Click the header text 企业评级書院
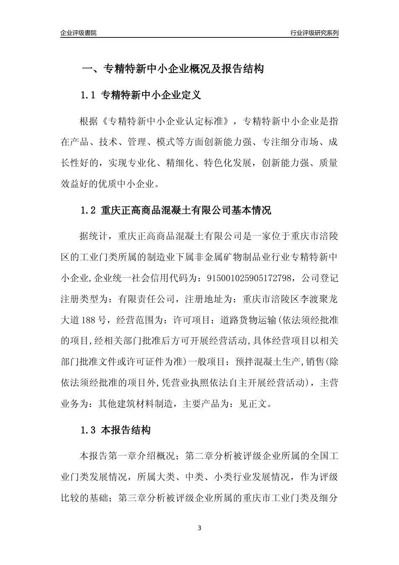pyautogui.click(x=78, y=33)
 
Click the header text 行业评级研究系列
pyautogui.click(x=314, y=33)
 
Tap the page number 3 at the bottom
pyautogui.click(x=199, y=528)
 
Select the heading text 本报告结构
pyautogui.click(x=126, y=430)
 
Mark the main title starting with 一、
pyautogui.click(x=173, y=69)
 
